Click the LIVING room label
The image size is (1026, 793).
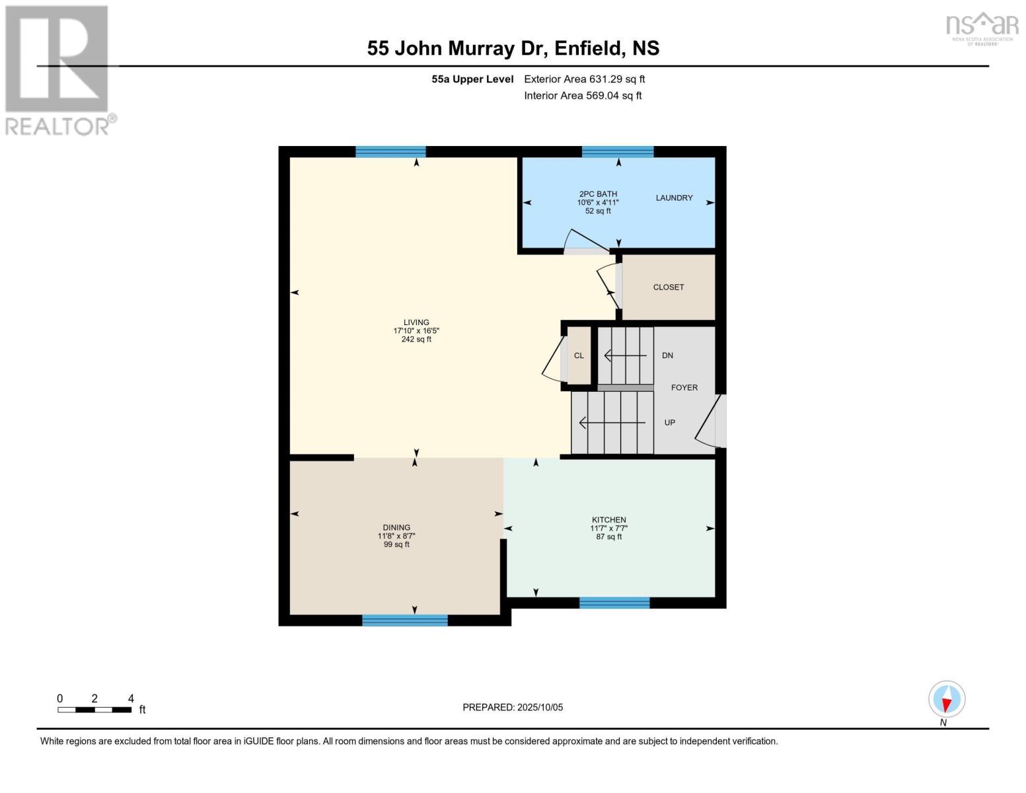pos(416,322)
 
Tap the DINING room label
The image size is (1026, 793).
pos(396,527)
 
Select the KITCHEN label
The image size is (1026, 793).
pos(608,520)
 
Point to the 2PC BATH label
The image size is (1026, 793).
pos(598,194)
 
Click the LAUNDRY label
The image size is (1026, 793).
pos(674,198)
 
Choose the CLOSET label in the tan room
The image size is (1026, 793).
pos(668,287)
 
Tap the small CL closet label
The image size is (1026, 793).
pos(579,356)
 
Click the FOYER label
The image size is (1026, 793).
pos(684,388)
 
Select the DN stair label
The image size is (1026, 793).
pos(667,356)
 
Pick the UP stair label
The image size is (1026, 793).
pos(669,423)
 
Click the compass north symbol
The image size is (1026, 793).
pos(947,699)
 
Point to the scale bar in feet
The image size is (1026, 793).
pos(94,710)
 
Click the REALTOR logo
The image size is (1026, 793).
pos(58,70)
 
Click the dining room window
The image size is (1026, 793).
pos(404,620)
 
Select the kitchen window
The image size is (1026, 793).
pos(614,602)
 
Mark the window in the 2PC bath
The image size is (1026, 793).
pos(617,152)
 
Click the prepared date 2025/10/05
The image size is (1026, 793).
pos(513,707)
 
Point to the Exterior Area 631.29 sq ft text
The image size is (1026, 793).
pos(584,79)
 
